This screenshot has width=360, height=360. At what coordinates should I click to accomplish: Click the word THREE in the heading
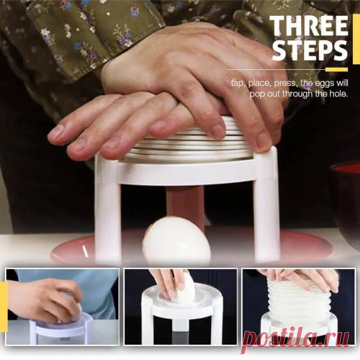tap(309, 26)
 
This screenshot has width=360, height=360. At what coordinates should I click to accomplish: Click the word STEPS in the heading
tap(309, 50)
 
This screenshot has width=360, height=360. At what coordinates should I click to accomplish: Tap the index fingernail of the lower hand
tap(56, 132)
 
